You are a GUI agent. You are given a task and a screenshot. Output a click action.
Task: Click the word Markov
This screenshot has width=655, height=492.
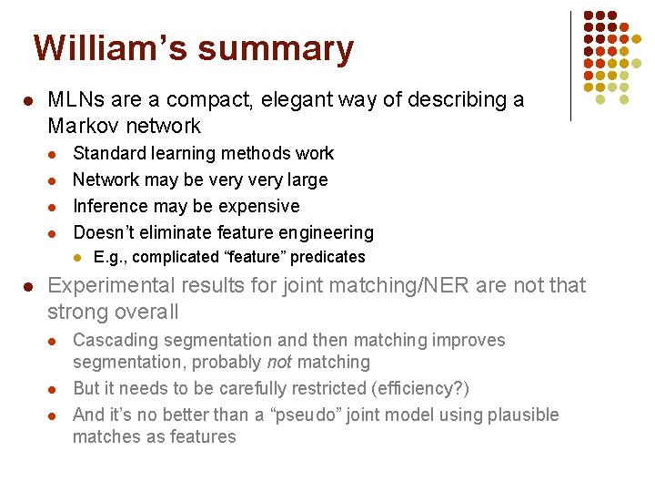[84, 126]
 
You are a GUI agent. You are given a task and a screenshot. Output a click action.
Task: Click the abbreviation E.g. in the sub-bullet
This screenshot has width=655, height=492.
[110, 258]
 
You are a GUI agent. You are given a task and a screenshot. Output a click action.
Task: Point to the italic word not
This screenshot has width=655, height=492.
[278, 363]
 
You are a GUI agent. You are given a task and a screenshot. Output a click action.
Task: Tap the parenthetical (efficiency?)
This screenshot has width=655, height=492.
[432, 388]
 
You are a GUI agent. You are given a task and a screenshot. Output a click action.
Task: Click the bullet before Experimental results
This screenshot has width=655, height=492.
[29, 287]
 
